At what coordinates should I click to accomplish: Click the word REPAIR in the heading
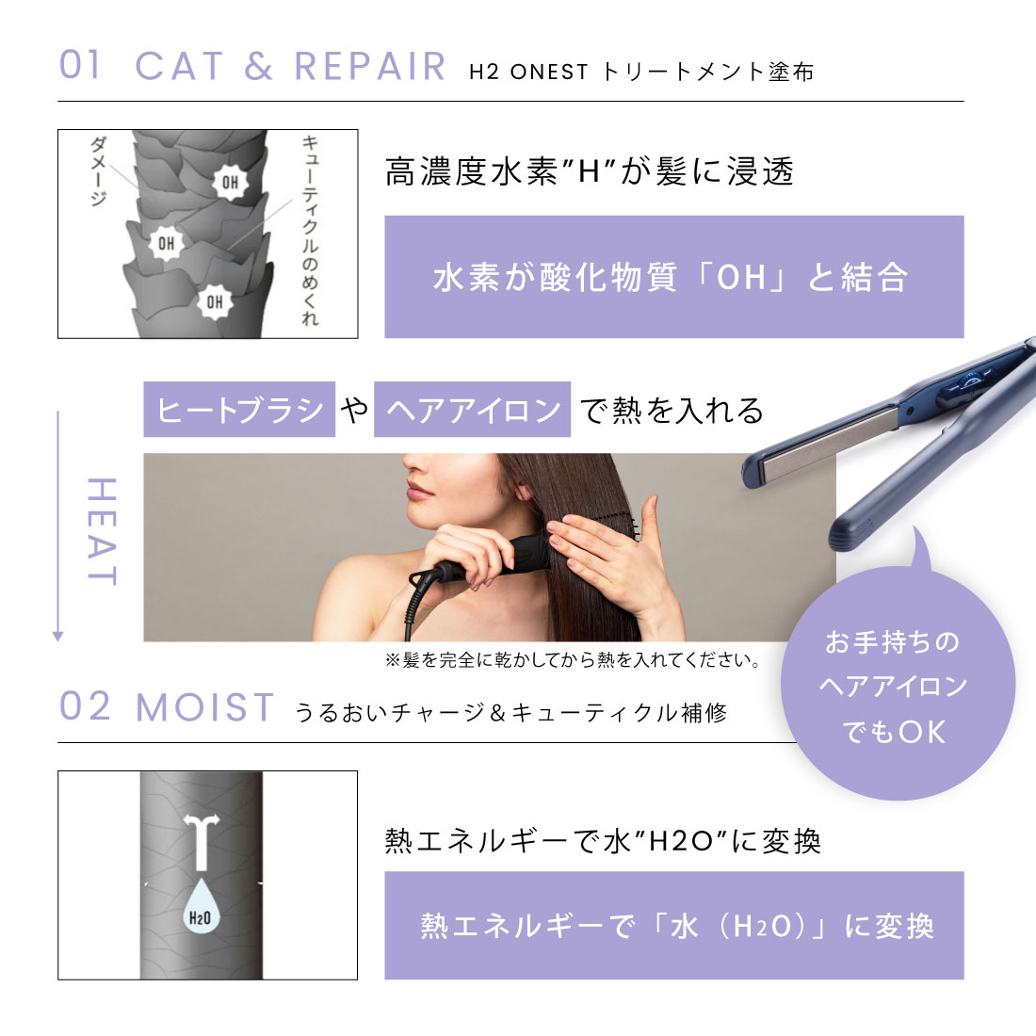pyautogui.click(x=369, y=66)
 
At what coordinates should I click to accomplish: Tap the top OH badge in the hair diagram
pyautogui.click(x=230, y=182)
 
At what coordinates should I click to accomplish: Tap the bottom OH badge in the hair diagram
pyautogui.click(x=215, y=301)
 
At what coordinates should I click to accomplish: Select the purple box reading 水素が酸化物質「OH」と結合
pyautogui.click(x=673, y=277)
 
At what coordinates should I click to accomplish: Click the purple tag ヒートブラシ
pyautogui.click(x=239, y=410)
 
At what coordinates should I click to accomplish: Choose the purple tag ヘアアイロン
pyautogui.click(x=472, y=410)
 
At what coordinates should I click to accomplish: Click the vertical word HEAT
pyautogui.click(x=101, y=531)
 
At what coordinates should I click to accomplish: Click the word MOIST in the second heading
pyautogui.click(x=205, y=707)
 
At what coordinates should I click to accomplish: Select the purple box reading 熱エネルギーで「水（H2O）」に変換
pyautogui.click(x=673, y=925)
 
